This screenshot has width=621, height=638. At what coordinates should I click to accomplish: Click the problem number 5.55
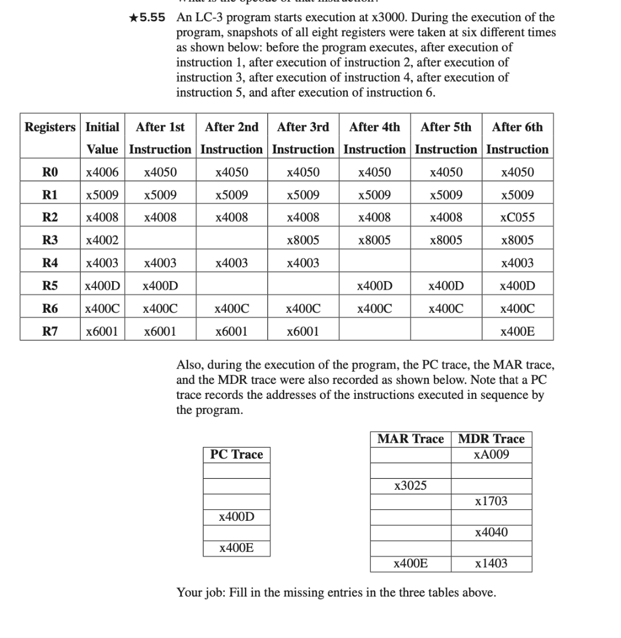tap(153, 17)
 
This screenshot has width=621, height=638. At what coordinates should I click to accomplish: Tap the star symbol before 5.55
tap(133, 17)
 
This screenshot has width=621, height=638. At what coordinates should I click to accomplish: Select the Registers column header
tap(50, 127)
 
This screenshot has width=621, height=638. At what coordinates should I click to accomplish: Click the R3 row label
tap(50, 240)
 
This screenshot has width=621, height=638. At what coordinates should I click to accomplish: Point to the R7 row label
tap(50, 331)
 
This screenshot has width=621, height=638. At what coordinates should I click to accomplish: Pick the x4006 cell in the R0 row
tap(102, 172)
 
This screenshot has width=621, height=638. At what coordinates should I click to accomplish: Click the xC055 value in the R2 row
tap(517, 218)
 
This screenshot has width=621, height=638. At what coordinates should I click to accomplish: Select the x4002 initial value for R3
tap(102, 240)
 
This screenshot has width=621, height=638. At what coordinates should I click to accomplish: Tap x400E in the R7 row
tap(517, 331)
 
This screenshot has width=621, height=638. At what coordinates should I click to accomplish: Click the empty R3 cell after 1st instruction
tap(160, 240)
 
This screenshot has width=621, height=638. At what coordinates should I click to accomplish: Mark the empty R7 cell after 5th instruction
tap(446, 331)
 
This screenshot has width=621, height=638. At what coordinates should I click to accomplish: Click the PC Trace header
tap(236, 455)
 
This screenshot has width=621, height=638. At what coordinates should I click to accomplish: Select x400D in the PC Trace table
tap(236, 517)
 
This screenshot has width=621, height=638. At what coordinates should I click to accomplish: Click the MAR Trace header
tap(411, 439)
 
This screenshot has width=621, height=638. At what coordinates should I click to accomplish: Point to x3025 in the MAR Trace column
tap(411, 486)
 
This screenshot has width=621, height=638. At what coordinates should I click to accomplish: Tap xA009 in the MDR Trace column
tap(491, 455)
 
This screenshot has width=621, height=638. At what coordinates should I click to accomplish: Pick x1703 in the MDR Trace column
tap(491, 501)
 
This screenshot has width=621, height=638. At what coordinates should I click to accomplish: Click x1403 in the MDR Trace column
tap(491, 563)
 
